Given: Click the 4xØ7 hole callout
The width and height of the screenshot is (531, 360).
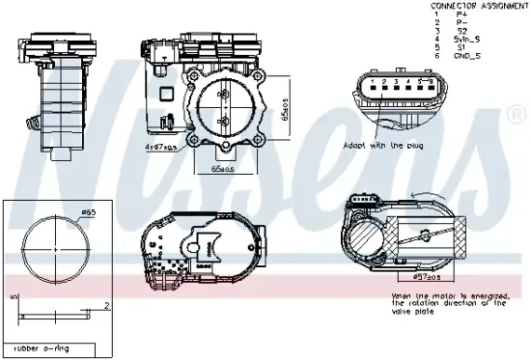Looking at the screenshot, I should [160, 147].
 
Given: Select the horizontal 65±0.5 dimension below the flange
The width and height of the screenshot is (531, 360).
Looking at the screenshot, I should [223, 167].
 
